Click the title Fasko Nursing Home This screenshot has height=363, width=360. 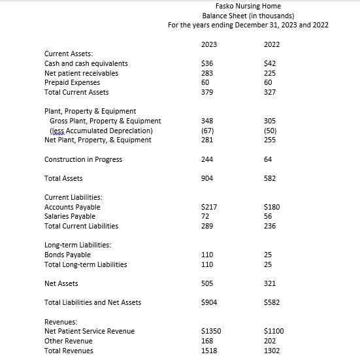(x=248, y=6)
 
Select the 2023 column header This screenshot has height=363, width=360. (x=209, y=44)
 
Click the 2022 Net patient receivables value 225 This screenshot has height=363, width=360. (x=269, y=73)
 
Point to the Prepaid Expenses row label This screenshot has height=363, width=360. (x=72, y=82)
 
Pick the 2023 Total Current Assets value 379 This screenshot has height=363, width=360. (x=206, y=92)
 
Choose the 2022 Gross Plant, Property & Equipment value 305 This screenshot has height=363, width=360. (x=269, y=121)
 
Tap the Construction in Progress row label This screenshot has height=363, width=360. (x=83, y=159)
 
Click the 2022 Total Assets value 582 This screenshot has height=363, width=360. (x=269, y=178)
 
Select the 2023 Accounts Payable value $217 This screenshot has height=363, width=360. (x=208, y=207)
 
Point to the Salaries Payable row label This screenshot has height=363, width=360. (x=70, y=216)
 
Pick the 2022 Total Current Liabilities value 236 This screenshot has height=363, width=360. (x=269, y=226)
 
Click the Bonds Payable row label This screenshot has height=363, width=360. (x=67, y=255)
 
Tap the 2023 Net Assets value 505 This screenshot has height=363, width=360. (x=206, y=283)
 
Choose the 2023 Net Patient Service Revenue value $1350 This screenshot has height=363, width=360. (x=210, y=331)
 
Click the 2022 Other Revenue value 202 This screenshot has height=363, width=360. (x=269, y=341)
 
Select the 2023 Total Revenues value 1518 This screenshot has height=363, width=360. (x=208, y=351)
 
